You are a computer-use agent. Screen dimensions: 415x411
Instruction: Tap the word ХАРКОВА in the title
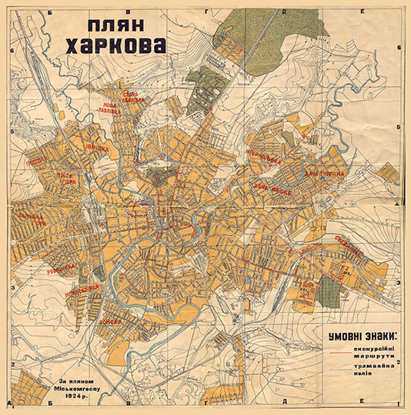pos(115,47)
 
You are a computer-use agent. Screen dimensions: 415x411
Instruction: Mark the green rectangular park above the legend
pos(329,290)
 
